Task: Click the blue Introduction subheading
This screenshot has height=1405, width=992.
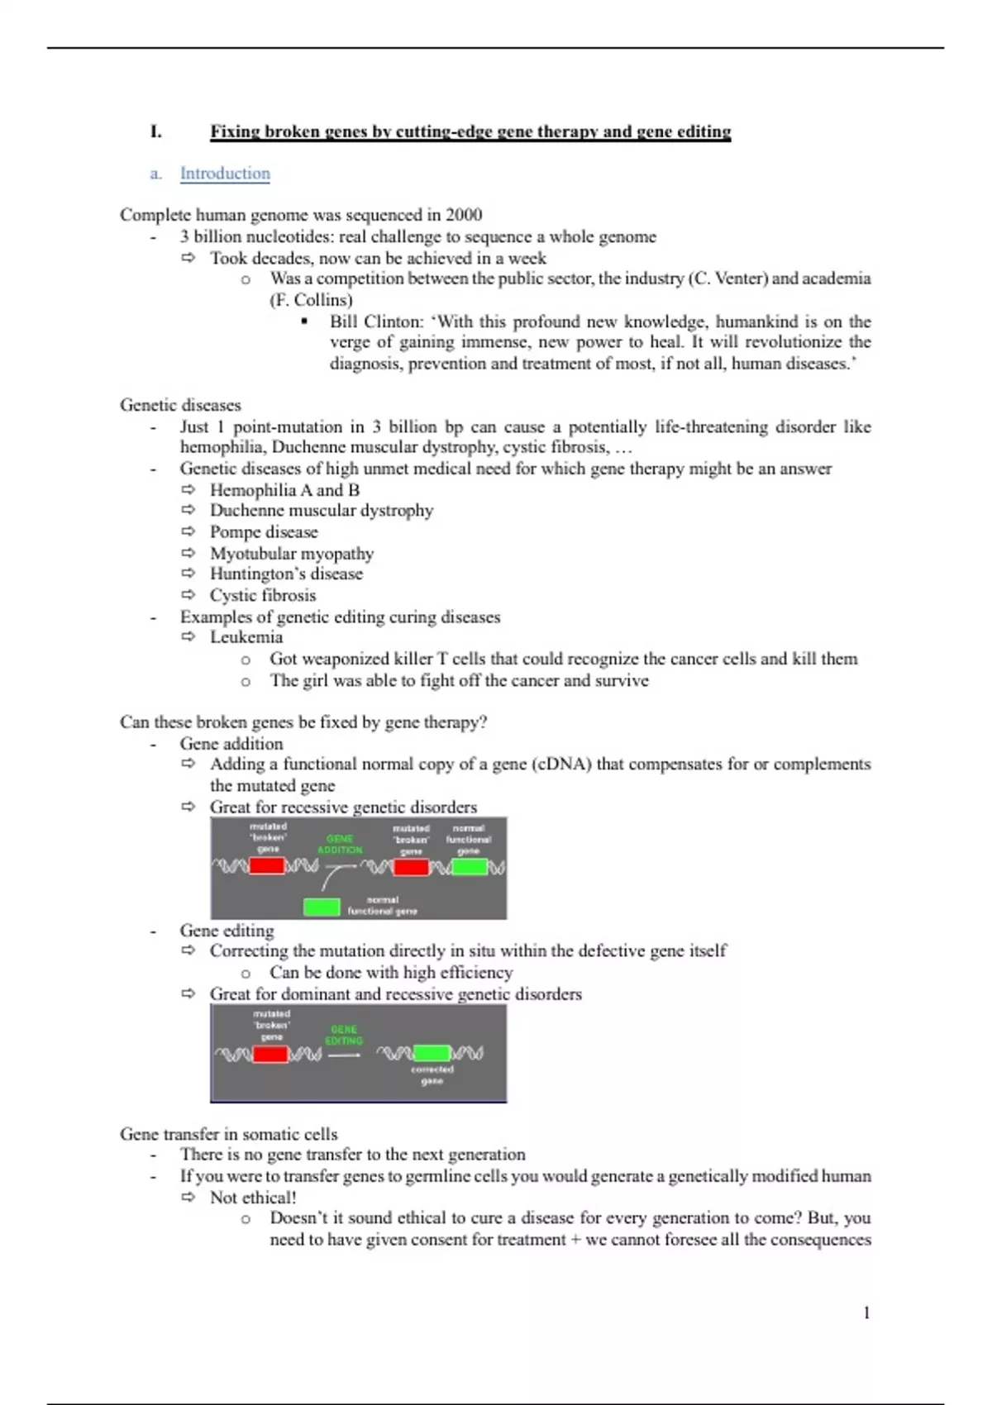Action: (x=225, y=174)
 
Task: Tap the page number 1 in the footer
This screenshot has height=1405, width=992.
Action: (x=866, y=1312)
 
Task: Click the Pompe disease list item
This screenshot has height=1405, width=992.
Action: (x=264, y=532)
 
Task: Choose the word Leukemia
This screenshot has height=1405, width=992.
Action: (x=246, y=637)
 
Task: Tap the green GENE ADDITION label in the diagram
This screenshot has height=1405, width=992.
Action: (x=340, y=844)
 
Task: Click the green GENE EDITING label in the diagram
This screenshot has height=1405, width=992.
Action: (x=344, y=1035)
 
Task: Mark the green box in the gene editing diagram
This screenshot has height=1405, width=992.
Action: (x=432, y=1054)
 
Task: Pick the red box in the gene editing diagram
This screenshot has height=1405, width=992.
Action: (x=270, y=1055)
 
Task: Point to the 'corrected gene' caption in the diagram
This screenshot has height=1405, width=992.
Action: (x=432, y=1074)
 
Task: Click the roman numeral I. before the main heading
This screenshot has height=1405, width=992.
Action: (x=155, y=131)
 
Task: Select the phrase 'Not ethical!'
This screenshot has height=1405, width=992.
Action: (x=253, y=1198)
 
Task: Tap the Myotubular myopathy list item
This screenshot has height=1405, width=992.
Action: (x=292, y=554)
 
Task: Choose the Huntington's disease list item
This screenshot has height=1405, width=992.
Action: (x=286, y=574)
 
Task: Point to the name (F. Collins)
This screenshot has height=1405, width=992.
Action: (x=311, y=300)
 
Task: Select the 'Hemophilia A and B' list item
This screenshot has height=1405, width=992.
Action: (x=284, y=490)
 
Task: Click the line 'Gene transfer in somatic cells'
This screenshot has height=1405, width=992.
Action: (x=229, y=1134)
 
